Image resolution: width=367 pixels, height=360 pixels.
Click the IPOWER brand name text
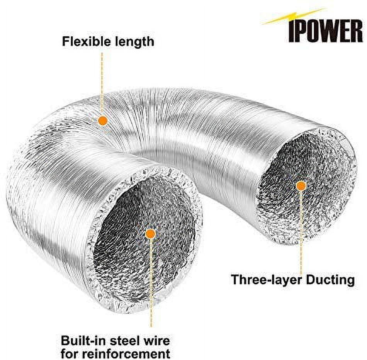pos(326,31)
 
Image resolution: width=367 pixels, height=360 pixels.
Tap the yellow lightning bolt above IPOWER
pos(294,16)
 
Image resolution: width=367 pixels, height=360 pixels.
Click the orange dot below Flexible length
pos(103,121)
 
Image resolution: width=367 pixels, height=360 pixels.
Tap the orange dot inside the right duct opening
pos(301,186)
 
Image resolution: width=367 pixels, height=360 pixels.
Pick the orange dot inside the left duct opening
pos(151,234)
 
